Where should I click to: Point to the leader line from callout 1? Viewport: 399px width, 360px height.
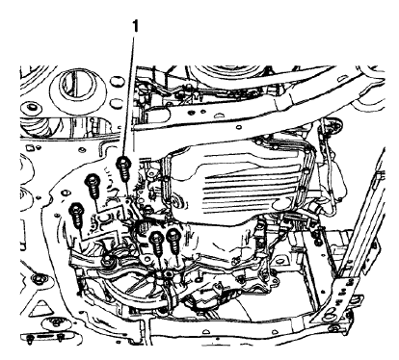(130, 96)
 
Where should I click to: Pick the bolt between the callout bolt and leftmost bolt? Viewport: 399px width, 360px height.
(93, 183)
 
